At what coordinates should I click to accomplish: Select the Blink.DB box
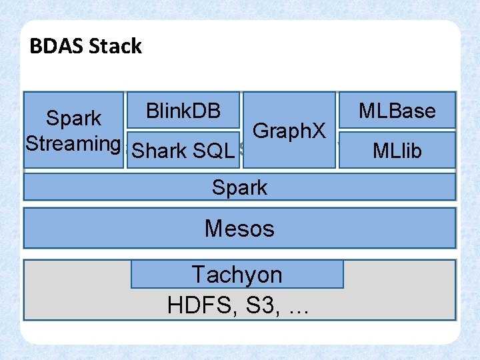[x=183, y=110]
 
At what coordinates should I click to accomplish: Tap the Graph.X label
[x=290, y=131]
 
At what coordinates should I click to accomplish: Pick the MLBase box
[x=397, y=110]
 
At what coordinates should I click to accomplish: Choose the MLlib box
[x=397, y=151]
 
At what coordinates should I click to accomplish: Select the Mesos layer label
[x=239, y=228]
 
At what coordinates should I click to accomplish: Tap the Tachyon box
[x=237, y=274]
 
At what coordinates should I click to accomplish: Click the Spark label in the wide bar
[x=239, y=187]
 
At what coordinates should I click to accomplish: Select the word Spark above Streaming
[x=73, y=119]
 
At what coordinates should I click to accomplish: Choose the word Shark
[x=159, y=151]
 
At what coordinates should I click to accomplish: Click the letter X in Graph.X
[x=317, y=131]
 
